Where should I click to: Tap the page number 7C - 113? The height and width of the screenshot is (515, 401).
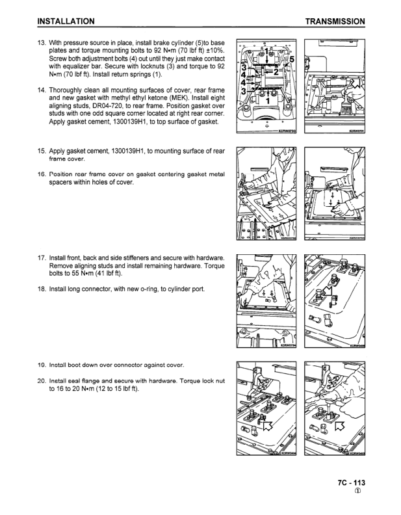tap(351, 483)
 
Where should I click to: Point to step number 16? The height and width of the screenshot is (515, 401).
tap(43, 174)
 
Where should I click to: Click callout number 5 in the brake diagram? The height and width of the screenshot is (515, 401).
tap(291, 60)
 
